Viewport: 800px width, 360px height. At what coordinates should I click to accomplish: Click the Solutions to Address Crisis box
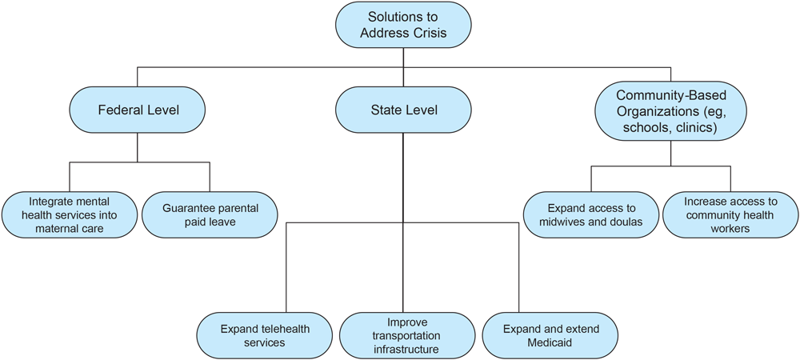pyautogui.click(x=403, y=25)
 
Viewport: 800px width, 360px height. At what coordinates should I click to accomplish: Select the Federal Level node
pyautogui.click(x=138, y=110)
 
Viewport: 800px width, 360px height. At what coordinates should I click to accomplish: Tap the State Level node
pyautogui.click(x=404, y=110)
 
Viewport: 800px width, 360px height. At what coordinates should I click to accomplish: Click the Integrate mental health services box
pyautogui.click(x=69, y=214)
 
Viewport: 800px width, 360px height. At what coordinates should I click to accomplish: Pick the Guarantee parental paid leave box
pyautogui.click(x=210, y=214)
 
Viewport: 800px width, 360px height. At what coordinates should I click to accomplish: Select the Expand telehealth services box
pyautogui.click(x=265, y=335)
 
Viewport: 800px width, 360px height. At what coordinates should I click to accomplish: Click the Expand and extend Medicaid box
pyautogui.click(x=550, y=335)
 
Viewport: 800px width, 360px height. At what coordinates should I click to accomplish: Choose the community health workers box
pyautogui.click(x=730, y=214)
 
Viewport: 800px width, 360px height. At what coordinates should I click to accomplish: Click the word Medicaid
pyautogui.click(x=550, y=343)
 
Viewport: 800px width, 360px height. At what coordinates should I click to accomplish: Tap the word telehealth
pyautogui.click(x=281, y=329)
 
